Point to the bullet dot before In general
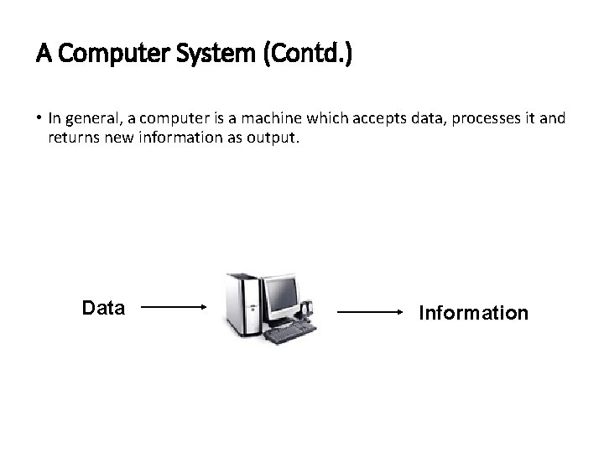(x=39, y=118)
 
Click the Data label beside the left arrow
(x=103, y=308)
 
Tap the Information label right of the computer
(x=474, y=313)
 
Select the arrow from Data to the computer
(x=174, y=308)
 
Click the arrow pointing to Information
(x=371, y=312)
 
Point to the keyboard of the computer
(x=289, y=333)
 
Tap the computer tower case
(x=241, y=306)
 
